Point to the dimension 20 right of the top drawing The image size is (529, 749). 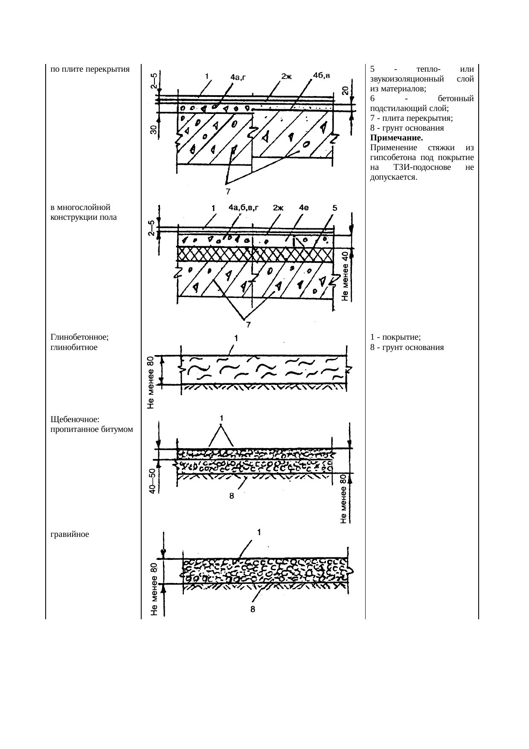(345, 91)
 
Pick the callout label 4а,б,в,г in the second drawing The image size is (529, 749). (244, 208)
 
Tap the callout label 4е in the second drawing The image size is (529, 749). (305, 208)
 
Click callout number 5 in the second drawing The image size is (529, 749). (335, 208)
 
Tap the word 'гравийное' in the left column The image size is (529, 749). (70, 533)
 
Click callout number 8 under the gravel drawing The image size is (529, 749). (253, 609)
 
